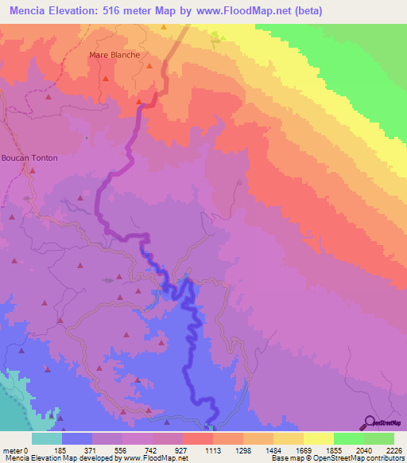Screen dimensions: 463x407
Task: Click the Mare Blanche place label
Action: pos(115,55)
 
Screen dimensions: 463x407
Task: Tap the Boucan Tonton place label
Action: pos(29,158)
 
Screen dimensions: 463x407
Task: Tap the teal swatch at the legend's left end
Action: pos(47,438)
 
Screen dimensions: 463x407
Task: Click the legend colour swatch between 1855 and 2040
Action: pos(349,438)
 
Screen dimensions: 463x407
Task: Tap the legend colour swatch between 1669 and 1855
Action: pos(319,438)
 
